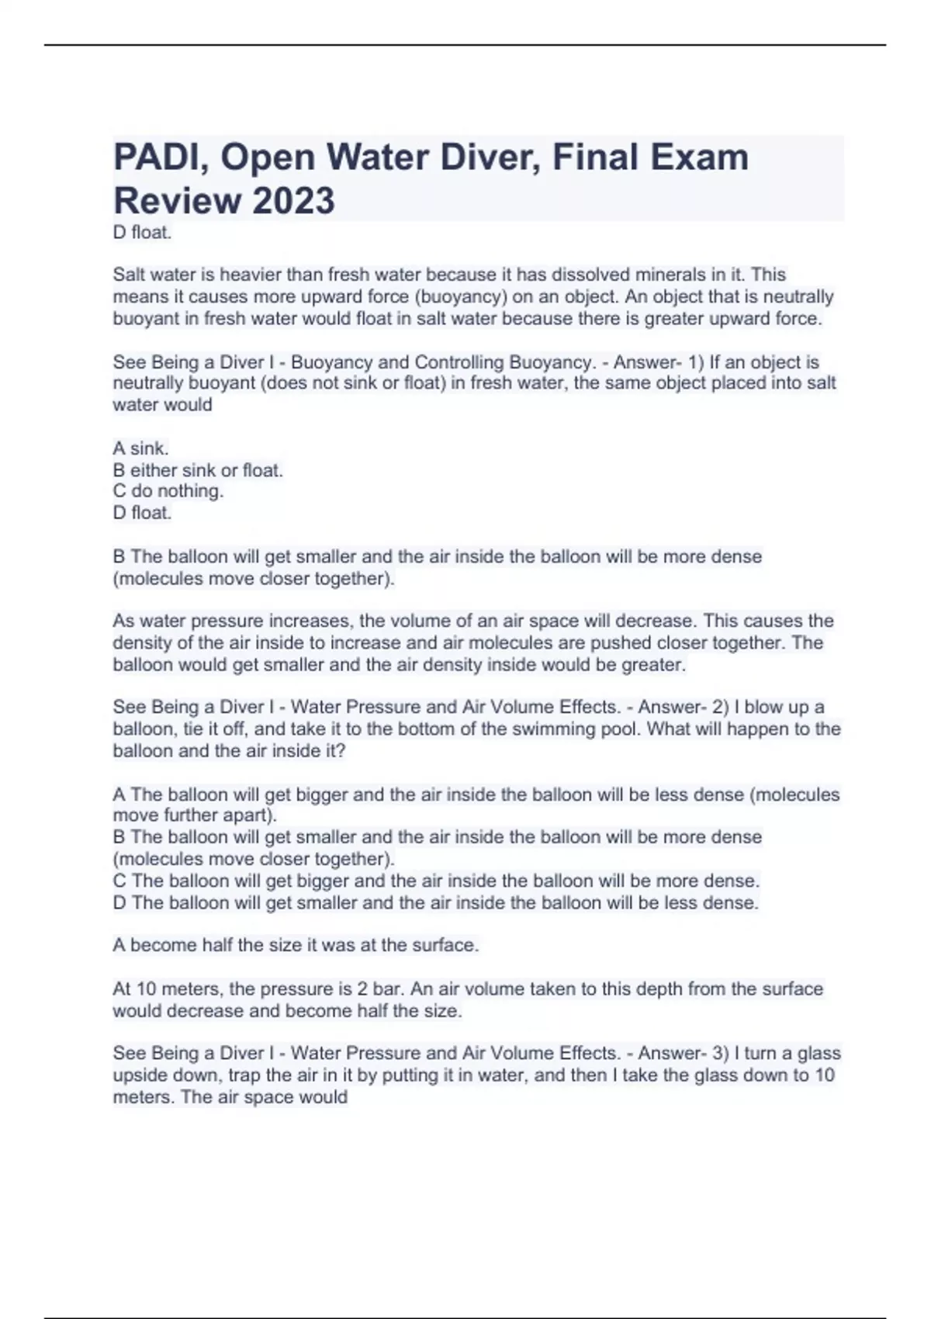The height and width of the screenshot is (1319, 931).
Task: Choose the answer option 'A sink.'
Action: (140, 448)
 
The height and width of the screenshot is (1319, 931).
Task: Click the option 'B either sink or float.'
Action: (198, 470)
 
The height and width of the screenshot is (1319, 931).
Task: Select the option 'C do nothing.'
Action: (168, 491)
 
